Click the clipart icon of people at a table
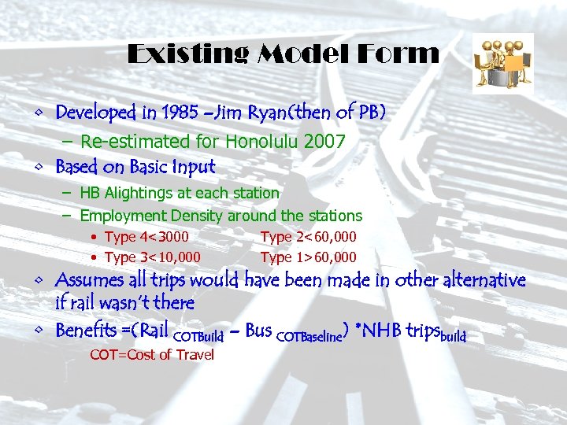pos(502,61)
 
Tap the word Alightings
pos(144,192)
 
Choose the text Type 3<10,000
pos(152,257)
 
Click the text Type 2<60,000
pos(308,237)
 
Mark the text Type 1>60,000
pos(308,257)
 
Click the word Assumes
pos(90,280)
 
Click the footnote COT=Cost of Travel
pos(152,355)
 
